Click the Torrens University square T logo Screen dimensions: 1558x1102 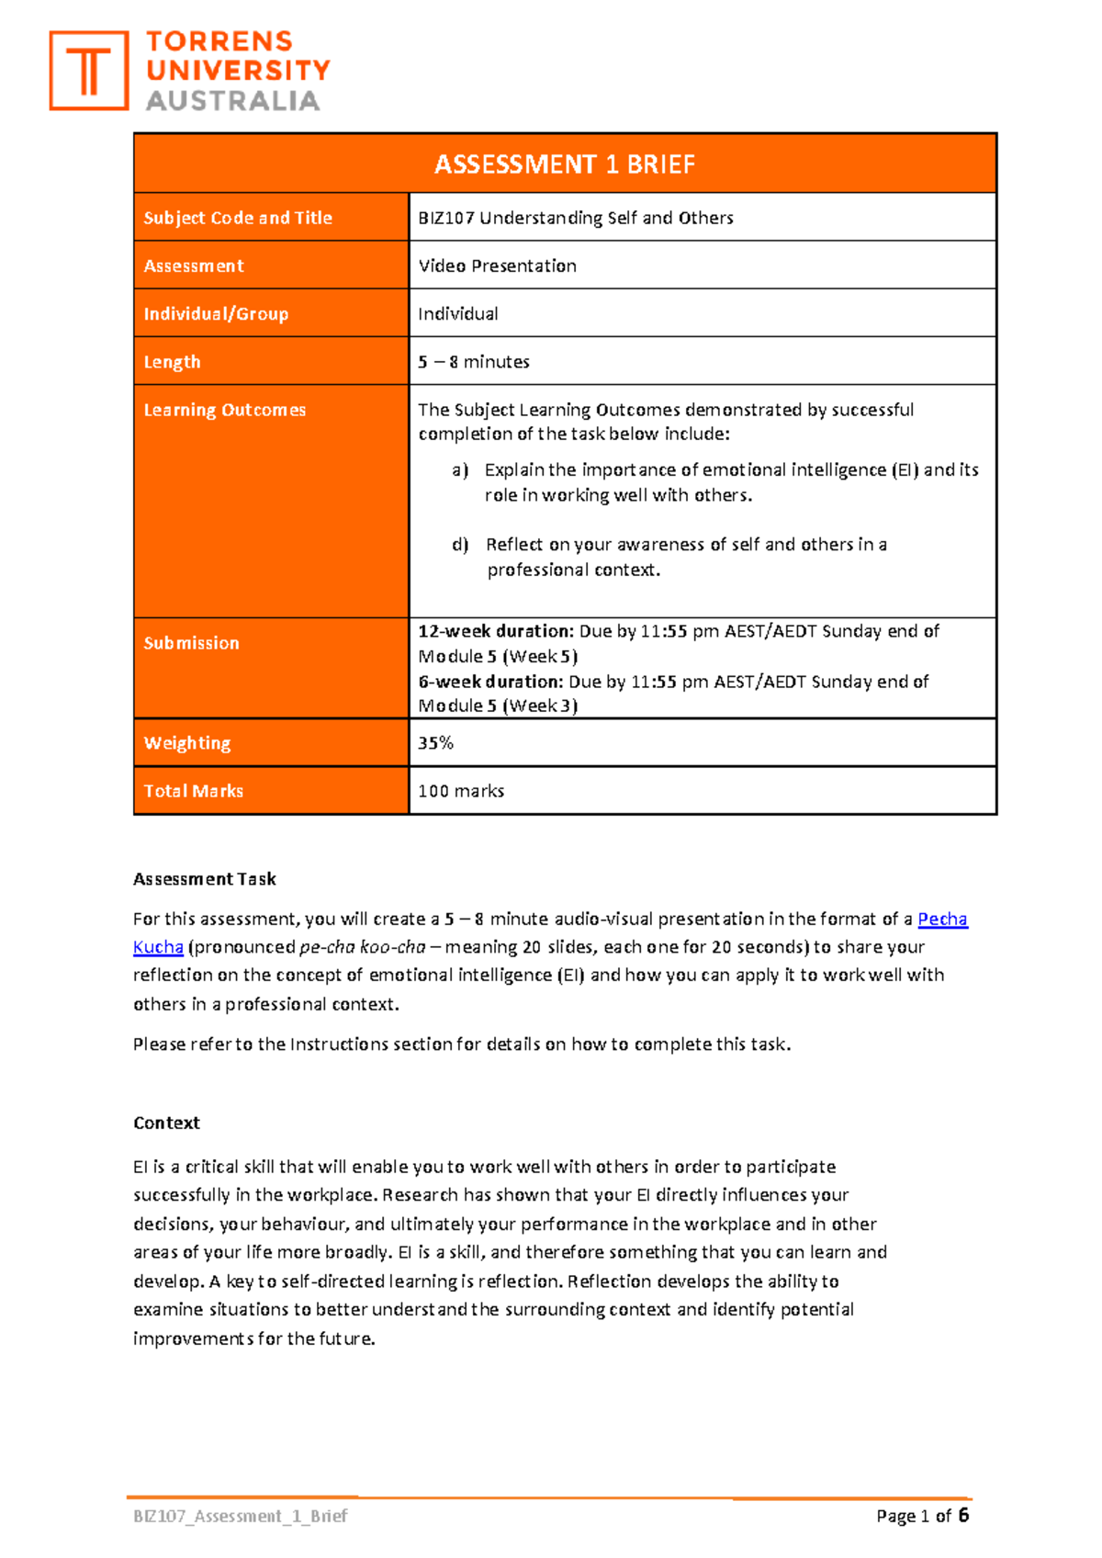click(88, 71)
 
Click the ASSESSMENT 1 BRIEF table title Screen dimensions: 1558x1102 click(564, 164)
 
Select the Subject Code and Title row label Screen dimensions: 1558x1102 click(238, 218)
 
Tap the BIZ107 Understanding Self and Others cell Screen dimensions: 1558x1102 click(575, 218)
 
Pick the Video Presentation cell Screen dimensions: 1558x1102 click(497, 265)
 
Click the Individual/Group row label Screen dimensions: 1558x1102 click(216, 313)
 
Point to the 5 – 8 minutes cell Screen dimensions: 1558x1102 click(474, 361)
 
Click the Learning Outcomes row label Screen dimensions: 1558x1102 click(224, 410)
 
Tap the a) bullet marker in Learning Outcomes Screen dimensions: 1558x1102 click(460, 470)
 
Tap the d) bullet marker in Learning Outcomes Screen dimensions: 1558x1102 click(460, 545)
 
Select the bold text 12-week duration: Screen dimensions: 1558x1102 click(496, 631)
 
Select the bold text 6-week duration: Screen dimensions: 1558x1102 click(490, 682)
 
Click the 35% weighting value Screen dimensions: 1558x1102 click(435, 742)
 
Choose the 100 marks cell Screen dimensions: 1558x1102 click(461, 791)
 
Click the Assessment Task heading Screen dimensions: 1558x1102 click(205, 879)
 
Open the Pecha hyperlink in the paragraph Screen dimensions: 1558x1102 click(942, 919)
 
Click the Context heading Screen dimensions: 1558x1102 click(166, 1123)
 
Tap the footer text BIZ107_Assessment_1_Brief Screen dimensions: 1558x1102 click(241, 1516)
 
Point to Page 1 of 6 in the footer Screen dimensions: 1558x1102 click(922, 1516)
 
